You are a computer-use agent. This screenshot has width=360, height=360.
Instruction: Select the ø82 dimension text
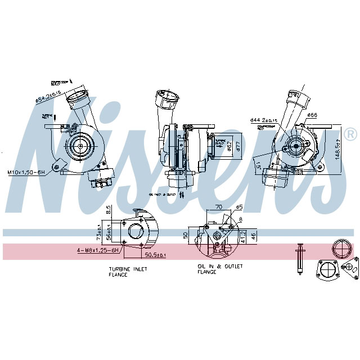click(x=229, y=147)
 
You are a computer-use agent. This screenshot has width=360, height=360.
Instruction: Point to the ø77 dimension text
click(x=238, y=147)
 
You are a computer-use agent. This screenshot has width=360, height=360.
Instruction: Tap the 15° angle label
click(x=257, y=166)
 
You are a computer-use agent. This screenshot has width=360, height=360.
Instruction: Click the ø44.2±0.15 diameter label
click(x=264, y=120)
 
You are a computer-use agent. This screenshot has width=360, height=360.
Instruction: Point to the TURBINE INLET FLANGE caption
click(x=128, y=272)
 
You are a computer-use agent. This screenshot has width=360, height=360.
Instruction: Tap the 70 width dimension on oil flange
click(x=218, y=207)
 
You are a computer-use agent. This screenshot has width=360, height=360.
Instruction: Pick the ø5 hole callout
click(x=238, y=206)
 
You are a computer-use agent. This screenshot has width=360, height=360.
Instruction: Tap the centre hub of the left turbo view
click(x=79, y=147)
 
